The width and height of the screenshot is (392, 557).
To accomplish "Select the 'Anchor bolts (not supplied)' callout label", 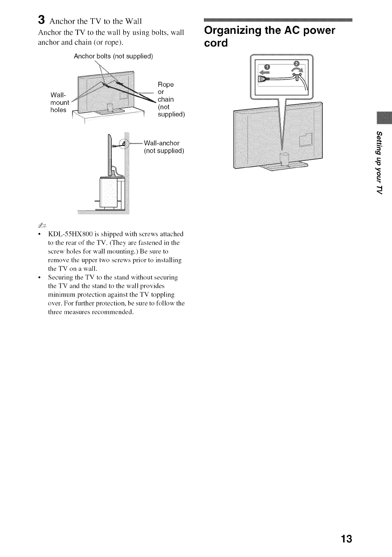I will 113,56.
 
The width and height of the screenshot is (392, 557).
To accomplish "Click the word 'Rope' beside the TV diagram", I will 166,85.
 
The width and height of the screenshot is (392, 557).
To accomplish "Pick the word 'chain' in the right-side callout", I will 166,99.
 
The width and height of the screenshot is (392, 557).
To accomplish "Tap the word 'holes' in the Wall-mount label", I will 58,110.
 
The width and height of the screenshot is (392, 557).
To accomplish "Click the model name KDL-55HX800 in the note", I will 68,234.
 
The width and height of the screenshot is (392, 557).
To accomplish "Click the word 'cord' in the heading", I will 216,43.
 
